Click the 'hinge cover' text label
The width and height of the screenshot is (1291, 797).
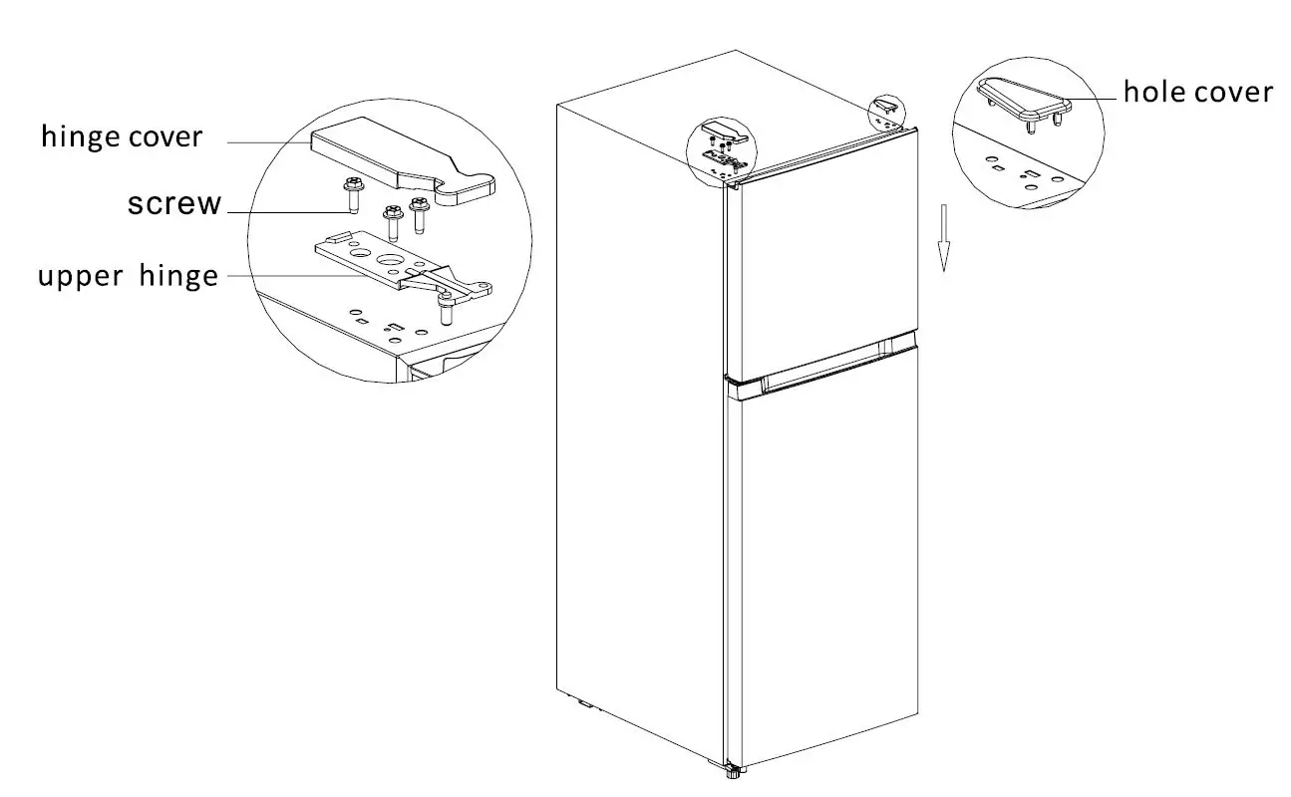pos(121,136)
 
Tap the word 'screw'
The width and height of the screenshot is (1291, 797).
pos(174,204)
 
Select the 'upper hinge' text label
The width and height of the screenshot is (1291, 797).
pos(128,276)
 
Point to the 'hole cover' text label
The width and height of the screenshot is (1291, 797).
pos(1197,93)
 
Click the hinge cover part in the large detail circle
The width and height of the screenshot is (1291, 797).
pos(399,159)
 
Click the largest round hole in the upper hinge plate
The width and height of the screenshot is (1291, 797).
pos(390,261)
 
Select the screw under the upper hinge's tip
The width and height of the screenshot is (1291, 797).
pos(446,312)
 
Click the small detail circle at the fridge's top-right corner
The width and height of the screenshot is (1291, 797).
pos(886,112)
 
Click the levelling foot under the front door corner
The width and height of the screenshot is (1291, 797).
pos(735,769)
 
